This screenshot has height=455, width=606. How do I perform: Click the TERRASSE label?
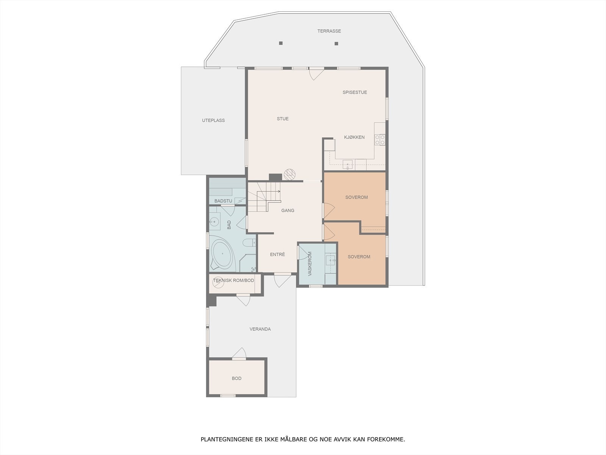click(x=329, y=31)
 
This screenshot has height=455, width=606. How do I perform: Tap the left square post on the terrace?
click(x=281, y=43)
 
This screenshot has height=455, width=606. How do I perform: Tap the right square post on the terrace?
click(x=336, y=44)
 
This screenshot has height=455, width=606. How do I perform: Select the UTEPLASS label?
click(x=213, y=120)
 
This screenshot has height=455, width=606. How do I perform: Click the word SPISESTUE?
click(x=355, y=92)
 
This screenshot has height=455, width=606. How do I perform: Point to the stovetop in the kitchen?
click(x=380, y=140)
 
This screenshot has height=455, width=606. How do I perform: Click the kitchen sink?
click(x=348, y=165)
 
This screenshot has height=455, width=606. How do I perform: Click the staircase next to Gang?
click(x=264, y=197)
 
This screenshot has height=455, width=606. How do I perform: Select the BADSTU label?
click(x=223, y=201)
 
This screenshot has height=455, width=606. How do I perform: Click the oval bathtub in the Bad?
click(x=222, y=254)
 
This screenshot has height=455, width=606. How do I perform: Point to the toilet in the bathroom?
click(x=249, y=243)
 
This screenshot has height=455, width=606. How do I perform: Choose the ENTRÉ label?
click(x=277, y=254)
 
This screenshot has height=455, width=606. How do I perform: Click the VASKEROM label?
click(x=310, y=263)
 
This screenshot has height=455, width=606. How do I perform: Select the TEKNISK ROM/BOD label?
click(x=234, y=280)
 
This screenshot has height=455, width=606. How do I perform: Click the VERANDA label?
click(x=260, y=329)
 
